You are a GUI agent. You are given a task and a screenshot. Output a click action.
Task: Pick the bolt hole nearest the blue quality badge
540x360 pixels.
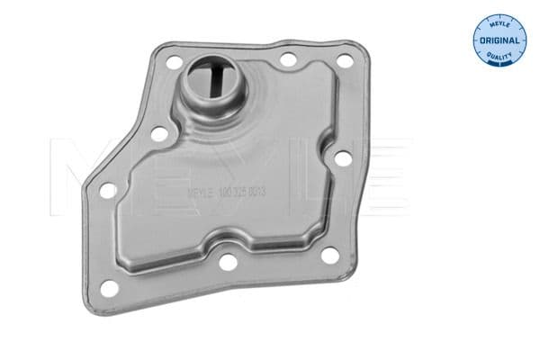[x=343, y=59]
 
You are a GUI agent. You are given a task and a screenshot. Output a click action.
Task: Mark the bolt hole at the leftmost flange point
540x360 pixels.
[x=107, y=191]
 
